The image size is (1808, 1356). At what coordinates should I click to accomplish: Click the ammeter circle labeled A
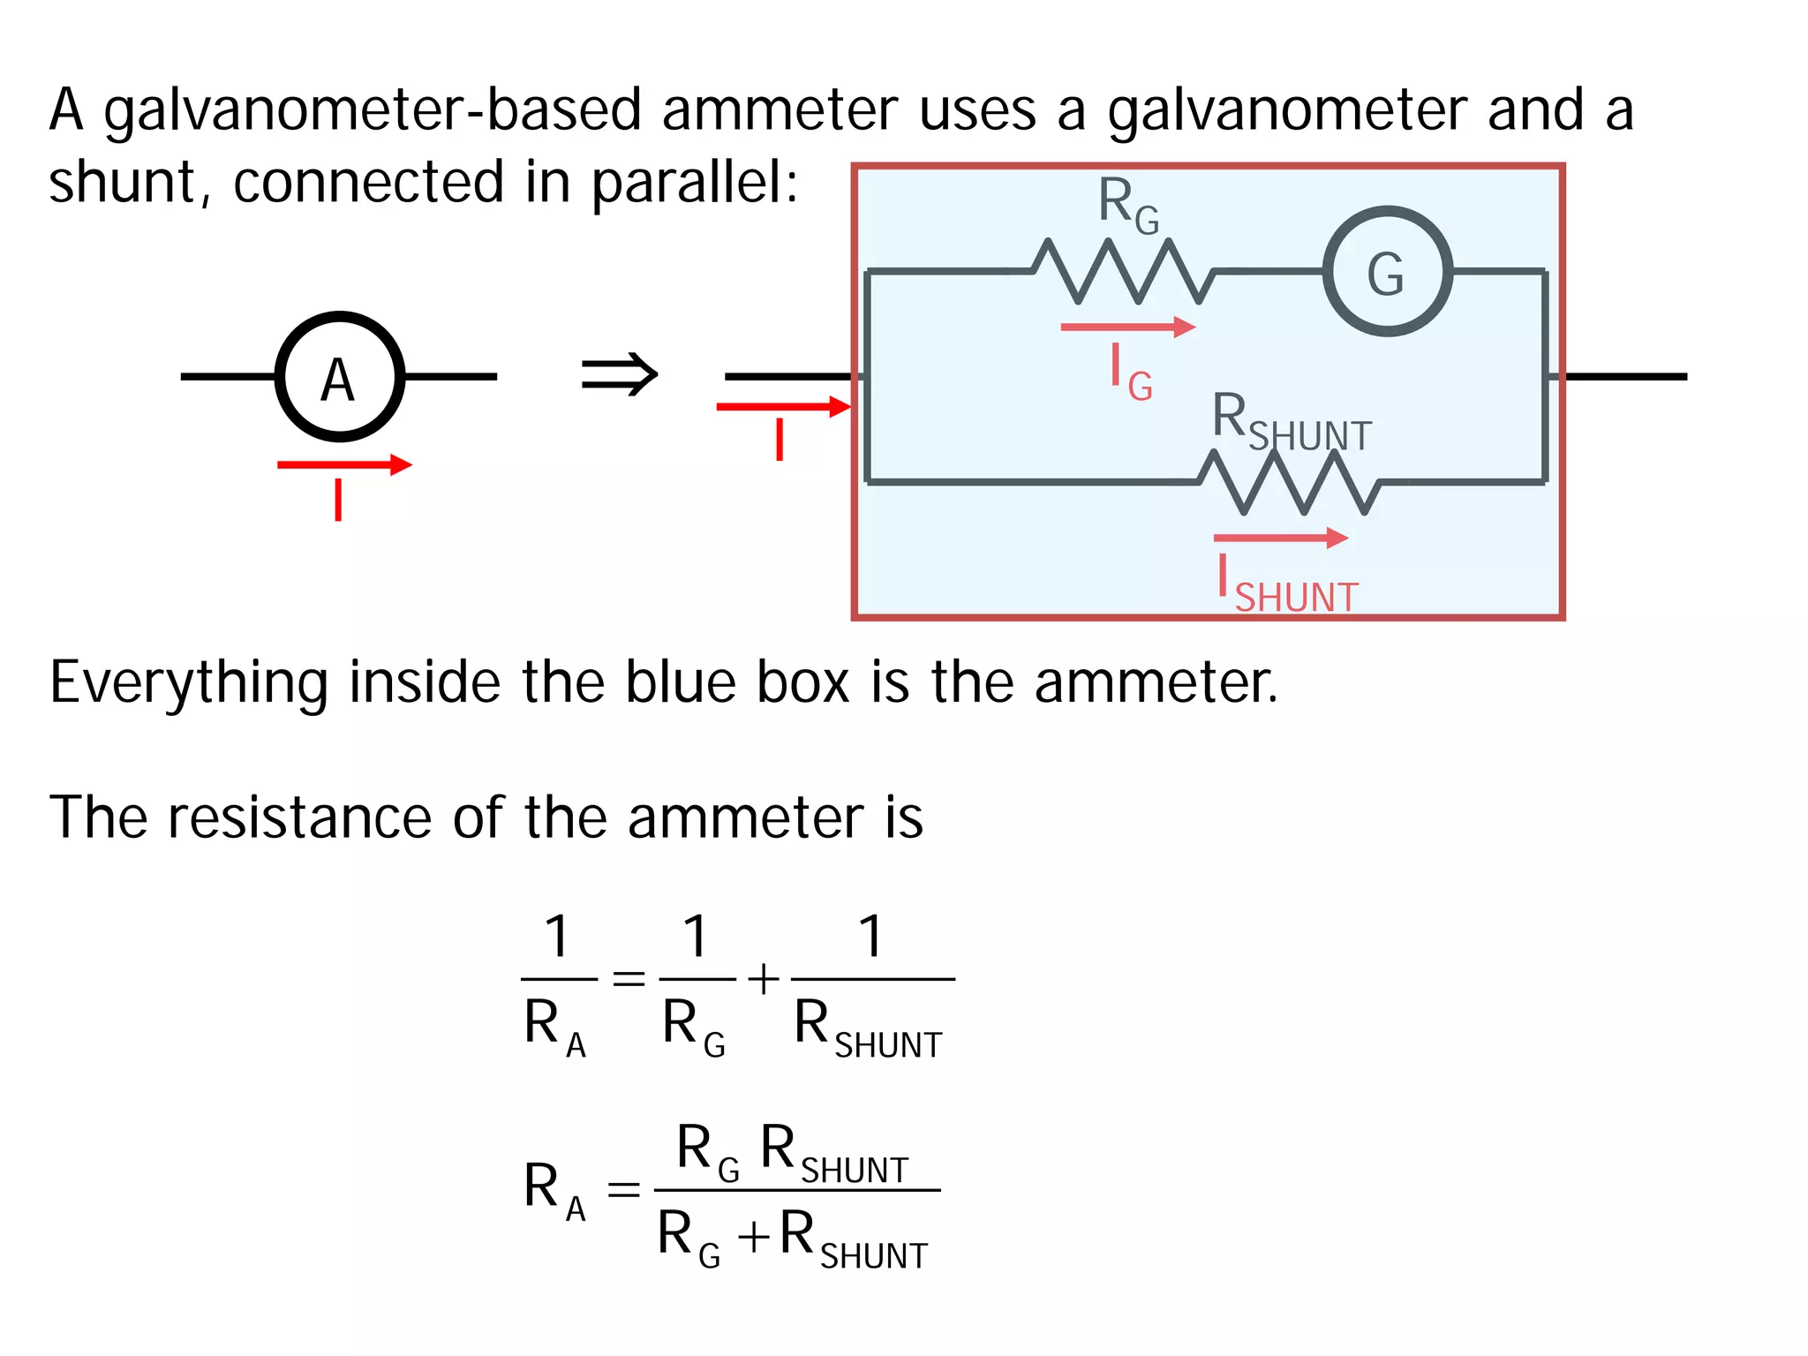pyautogui.click(x=339, y=377)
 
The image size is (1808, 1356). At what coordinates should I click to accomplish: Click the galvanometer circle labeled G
pyautogui.click(x=1387, y=272)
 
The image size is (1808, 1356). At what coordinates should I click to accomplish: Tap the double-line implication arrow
pyautogui.click(x=620, y=374)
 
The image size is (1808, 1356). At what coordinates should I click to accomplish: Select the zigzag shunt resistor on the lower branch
pyautogui.click(x=1289, y=482)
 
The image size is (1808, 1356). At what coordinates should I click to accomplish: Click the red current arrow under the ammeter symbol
pyautogui.click(x=344, y=465)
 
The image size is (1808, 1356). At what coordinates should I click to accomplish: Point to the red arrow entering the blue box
pyautogui.click(x=782, y=407)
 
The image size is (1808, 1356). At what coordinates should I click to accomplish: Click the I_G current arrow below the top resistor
pyautogui.click(x=1127, y=328)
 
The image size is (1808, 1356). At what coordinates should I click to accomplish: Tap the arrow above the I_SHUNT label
pyautogui.click(x=1280, y=538)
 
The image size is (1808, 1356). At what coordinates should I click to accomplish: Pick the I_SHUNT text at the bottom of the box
pyautogui.click(x=1287, y=586)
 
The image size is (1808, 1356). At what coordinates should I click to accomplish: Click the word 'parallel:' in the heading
pyautogui.click(x=694, y=184)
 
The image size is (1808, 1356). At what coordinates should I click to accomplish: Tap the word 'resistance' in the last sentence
pyautogui.click(x=299, y=817)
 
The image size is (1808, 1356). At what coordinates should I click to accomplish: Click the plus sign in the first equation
pyautogui.click(x=764, y=979)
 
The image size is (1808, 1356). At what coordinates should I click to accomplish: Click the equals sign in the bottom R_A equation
pyautogui.click(x=623, y=1189)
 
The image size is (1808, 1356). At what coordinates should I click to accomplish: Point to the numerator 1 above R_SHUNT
pyautogui.click(x=871, y=936)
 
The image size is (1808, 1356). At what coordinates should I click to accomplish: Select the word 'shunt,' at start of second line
pyautogui.click(x=130, y=184)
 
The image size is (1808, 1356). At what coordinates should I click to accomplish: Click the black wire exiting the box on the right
pyautogui.click(x=1624, y=377)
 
